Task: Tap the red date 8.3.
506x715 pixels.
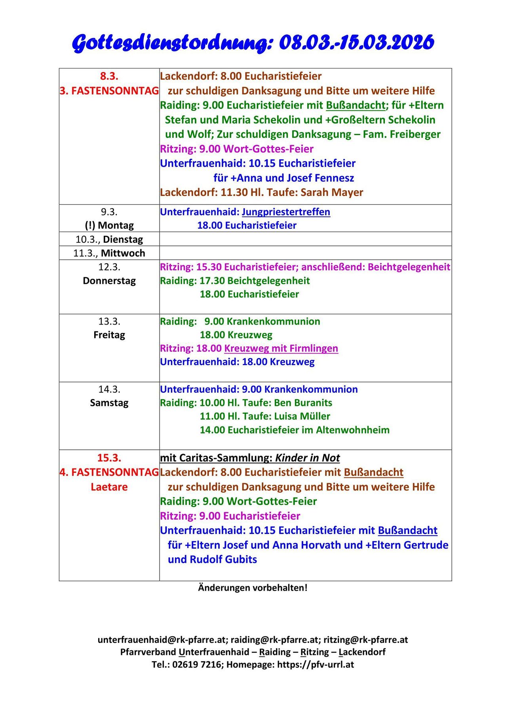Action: coord(109,76)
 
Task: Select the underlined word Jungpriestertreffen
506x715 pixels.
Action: coord(286,212)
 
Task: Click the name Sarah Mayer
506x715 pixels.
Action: coord(332,192)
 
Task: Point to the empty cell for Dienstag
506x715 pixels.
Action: coord(305,239)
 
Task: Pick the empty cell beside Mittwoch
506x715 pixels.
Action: coord(305,253)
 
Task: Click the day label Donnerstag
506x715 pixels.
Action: coord(109,281)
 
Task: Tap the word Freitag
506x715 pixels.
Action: coord(109,335)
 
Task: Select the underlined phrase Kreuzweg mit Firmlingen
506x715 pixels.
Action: coord(281,348)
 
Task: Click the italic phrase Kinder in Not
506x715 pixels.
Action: coord(307,458)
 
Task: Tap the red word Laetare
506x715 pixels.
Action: coord(109,487)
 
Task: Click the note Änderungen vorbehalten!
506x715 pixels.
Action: coord(253,588)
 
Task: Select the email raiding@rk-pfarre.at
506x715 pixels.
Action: coord(274,640)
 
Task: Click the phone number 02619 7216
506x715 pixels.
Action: coord(197,664)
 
